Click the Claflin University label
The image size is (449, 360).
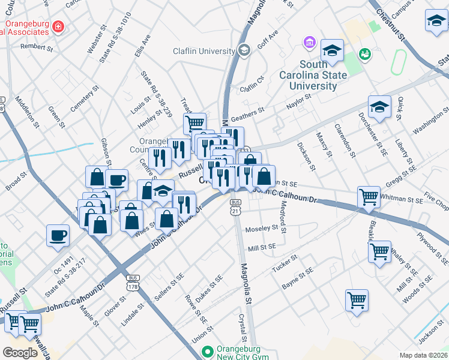[x=202, y=52]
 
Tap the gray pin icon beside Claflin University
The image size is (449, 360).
[x=244, y=50]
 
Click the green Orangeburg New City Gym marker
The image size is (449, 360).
[x=208, y=352]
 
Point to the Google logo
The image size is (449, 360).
[x=20, y=352]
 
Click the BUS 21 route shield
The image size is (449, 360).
[x=235, y=206]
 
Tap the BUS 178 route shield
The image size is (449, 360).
[x=133, y=282]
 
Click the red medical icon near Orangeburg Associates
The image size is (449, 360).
[x=58, y=26]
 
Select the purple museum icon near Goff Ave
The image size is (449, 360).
[x=310, y=43]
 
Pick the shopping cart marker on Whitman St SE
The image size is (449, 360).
[x=368, y=196]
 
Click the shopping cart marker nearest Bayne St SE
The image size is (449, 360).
[x=357, y=299]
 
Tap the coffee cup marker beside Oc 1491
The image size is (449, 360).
[x=58, y=235]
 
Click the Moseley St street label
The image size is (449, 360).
[x=262, y=229]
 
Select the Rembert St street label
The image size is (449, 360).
[x=33, y=46]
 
